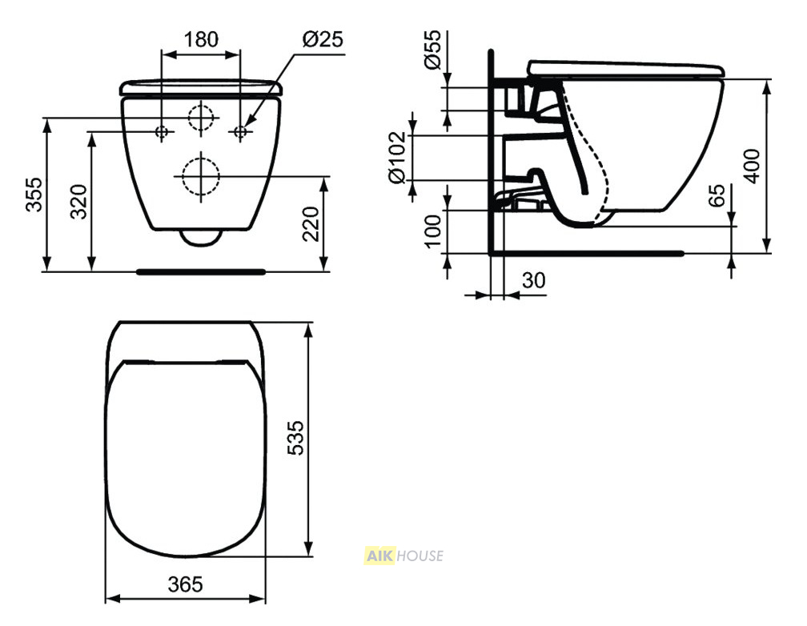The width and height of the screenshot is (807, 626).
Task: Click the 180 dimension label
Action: (201, 39)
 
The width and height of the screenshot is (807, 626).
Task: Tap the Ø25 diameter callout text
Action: (322, 39)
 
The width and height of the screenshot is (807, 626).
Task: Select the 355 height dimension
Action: (34, 195)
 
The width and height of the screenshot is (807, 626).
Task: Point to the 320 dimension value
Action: (78, 201)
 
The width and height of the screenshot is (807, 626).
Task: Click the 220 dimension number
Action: (311, 223)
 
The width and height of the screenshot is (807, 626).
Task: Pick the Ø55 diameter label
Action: (433, 50)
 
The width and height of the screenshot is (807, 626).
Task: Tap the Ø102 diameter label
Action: (398, 158)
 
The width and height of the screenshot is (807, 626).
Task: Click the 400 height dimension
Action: (752, 166)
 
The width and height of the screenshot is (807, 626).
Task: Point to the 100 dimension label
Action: (433, 231)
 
